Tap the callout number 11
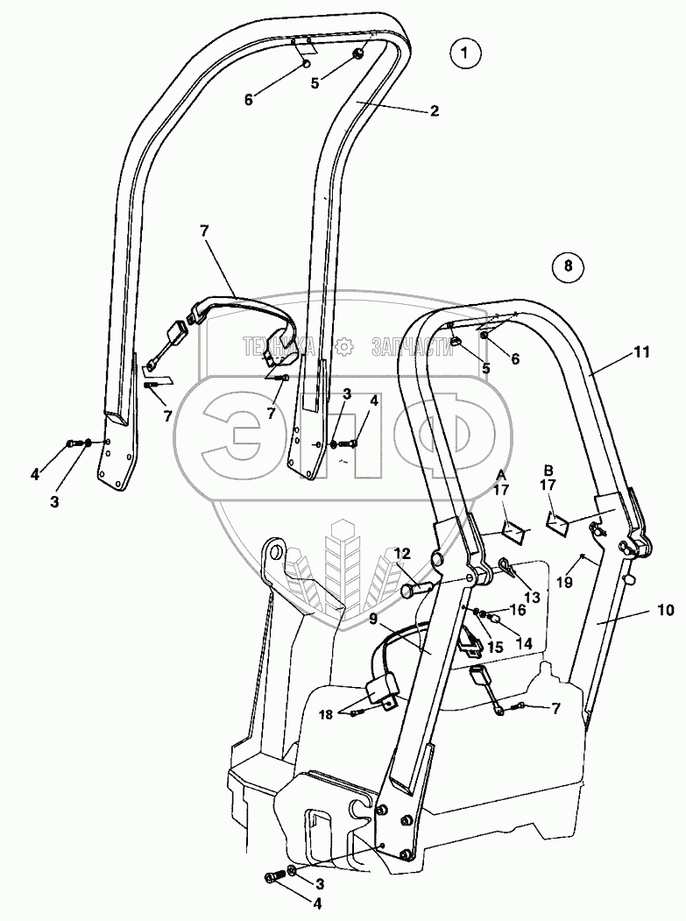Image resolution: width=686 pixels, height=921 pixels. point(642,351)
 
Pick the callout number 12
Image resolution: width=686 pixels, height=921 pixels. point(402,554)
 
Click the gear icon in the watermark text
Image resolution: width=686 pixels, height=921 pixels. point(344,345)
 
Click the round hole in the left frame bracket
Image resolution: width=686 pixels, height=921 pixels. point(275,553)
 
